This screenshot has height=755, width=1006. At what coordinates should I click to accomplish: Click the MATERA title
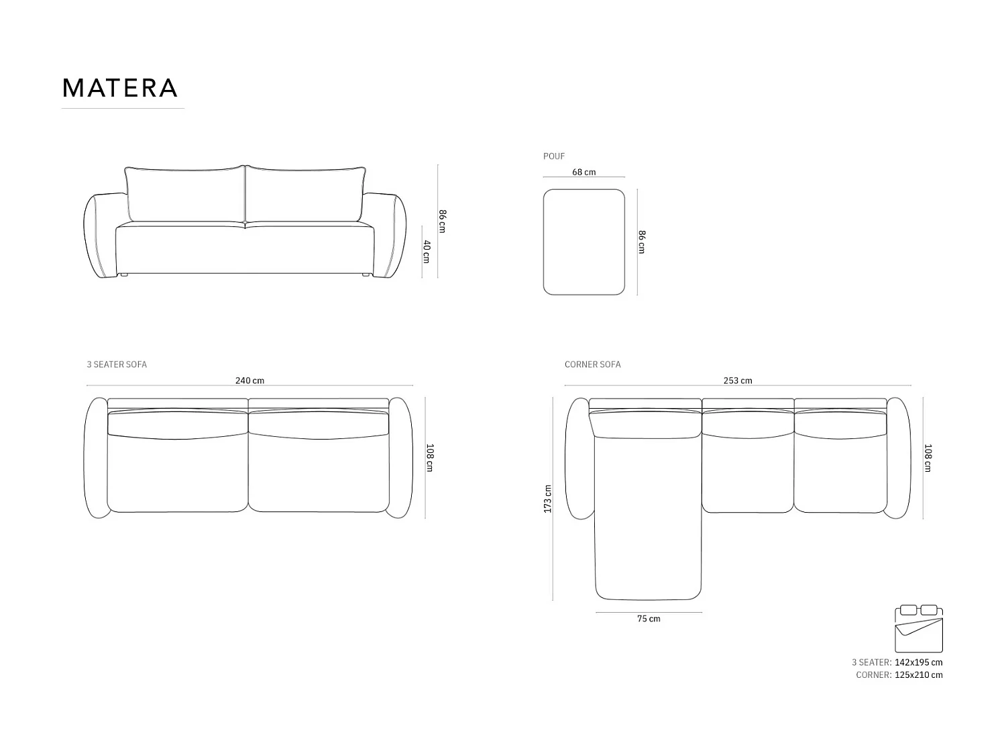coord(120,88)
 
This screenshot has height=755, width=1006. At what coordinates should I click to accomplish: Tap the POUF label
coord(553,156)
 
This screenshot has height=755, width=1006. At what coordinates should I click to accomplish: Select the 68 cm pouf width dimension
coord(583,172)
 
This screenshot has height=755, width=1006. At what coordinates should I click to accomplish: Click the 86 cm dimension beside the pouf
coord(641,242)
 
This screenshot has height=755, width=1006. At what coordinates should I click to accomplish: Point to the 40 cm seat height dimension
coord(426,251)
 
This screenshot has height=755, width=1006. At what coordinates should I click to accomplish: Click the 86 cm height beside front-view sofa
coord(442,221)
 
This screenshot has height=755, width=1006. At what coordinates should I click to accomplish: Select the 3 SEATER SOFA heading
coord(117,364)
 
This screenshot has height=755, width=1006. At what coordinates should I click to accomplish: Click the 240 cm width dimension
coord(249,381)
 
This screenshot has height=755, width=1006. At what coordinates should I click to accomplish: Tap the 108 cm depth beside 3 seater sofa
coord(430,458)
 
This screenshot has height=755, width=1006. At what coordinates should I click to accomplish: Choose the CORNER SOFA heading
coord(592,364)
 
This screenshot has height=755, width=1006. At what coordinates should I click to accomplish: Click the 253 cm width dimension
coord(737,381)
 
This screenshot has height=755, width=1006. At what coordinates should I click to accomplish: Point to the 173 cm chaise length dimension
coord(548,499)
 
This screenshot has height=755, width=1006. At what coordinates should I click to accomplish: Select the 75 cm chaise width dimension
coord(649,619)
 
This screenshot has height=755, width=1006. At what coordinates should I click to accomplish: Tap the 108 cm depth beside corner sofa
coord(928,458)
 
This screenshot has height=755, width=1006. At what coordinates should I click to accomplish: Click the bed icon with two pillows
coord(918,628)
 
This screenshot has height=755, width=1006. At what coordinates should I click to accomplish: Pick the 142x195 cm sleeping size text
coord(918,662)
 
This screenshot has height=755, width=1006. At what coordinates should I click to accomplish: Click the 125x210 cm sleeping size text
coord(918,675)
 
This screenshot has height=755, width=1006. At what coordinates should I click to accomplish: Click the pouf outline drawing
coord(583,242)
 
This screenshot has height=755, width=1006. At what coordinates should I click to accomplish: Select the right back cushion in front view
coord(305,193)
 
